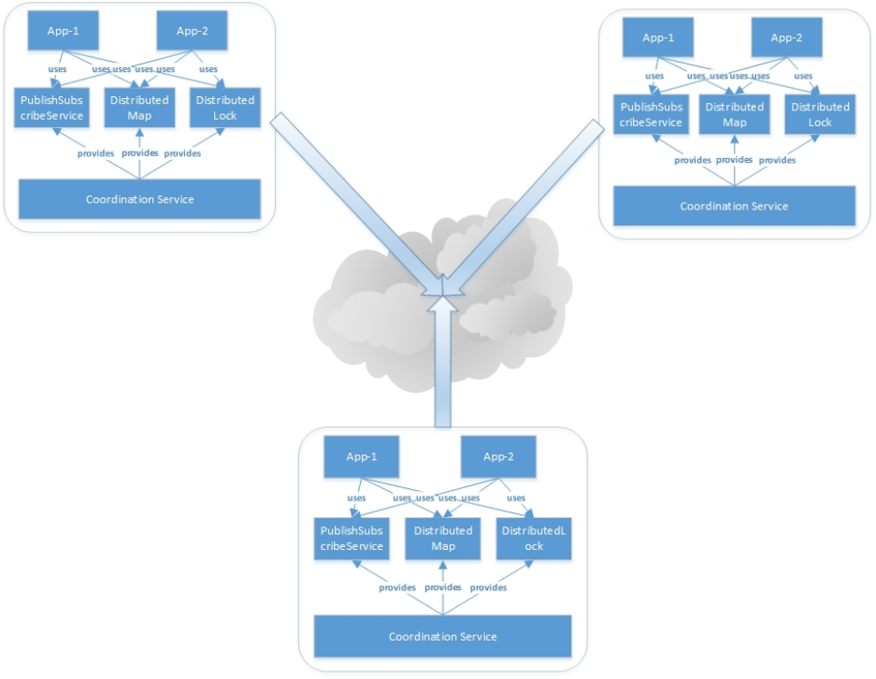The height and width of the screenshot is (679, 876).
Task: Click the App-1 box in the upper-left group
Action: tap(64, 30)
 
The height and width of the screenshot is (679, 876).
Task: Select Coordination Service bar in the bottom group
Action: tap(442, 636)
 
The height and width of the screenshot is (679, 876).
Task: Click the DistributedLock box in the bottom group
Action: tap(533, 538)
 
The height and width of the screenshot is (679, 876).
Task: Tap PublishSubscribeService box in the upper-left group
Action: tap(51, 108)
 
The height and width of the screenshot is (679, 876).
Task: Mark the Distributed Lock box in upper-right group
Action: tap(819, 114)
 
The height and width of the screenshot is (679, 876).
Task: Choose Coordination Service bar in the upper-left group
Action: tap(139, 199)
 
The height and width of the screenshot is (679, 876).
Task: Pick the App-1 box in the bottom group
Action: tap(360, 457)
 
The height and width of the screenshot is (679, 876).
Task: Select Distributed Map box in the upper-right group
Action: tap(734, 114)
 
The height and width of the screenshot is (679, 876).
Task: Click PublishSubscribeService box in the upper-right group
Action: tap(651, 114)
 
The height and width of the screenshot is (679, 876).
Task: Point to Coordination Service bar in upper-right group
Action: tap(734, 206)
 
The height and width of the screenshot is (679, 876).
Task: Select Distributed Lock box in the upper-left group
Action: tap(224, 108)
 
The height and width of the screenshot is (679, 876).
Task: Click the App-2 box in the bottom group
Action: tap(498, 457)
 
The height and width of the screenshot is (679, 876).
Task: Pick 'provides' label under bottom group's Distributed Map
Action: tap(443, 587)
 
